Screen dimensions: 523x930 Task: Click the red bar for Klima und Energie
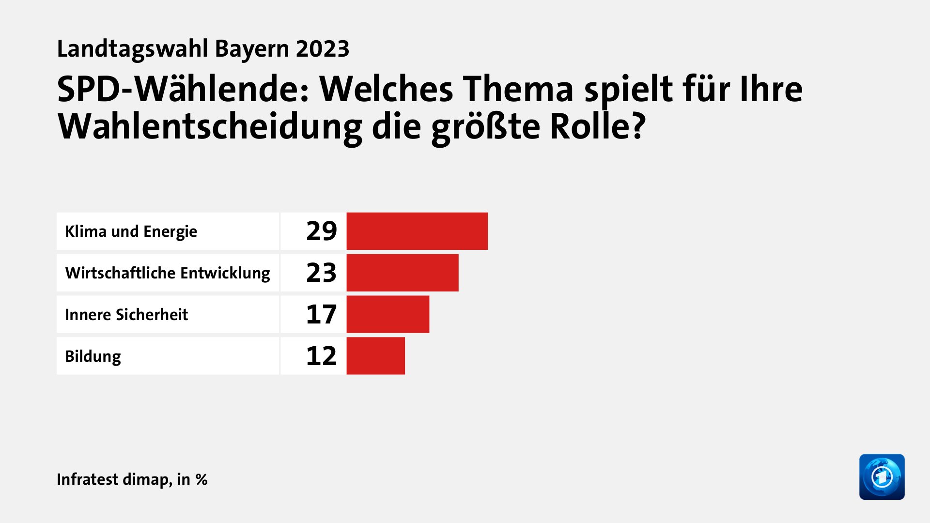tap(417, 231)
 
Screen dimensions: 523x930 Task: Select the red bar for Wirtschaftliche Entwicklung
tap(403, 273)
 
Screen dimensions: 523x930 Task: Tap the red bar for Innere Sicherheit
tap(387, 314)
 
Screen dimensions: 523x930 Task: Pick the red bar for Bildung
tap(375, 356)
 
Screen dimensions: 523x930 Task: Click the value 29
tap(321, 231)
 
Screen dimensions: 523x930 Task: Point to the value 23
tap(321, 273)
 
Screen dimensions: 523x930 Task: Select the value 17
tap(321, 314)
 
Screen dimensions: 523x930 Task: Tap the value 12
tap(321, 356)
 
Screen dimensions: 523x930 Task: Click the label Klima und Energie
tap(131, 231)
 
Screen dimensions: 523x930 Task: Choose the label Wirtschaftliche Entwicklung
tap(168, 273)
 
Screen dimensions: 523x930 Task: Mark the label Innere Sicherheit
tap(126, 315)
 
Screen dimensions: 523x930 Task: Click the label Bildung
tap(93, 356)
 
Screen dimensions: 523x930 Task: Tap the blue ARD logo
tap(882, 477)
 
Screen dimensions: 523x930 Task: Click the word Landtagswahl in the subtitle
tap(132, 49)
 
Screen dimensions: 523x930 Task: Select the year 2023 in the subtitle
tap(323, 49)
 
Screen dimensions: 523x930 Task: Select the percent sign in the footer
tap(201, 480)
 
